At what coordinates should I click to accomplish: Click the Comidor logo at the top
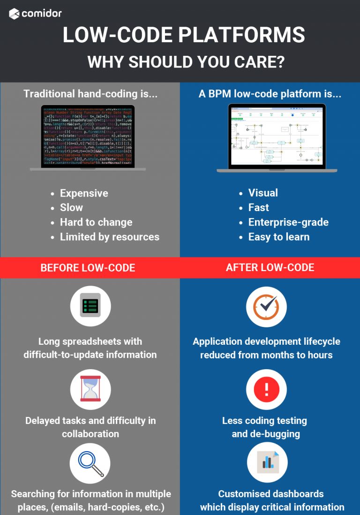coord(35,14)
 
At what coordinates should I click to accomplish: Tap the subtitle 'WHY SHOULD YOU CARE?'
coord(187,62)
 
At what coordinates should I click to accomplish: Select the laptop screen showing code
coord(88,136)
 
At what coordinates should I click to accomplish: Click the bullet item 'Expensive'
coord(84,193)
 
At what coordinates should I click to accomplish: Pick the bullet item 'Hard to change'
coord(96,222)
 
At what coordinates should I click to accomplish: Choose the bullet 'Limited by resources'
coord(109,237)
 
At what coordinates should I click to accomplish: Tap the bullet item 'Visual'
coord(263,193)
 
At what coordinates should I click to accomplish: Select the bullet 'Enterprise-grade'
coord(288,222)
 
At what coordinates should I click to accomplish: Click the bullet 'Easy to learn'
coord(279,237)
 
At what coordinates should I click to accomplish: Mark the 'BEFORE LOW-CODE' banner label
coord(88,268)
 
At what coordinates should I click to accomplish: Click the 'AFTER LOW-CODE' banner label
coord(270,267)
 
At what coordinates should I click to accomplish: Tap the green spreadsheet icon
coord(90,306)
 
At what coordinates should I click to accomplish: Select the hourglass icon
coord(90,388)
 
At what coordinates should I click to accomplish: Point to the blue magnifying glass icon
coord(90,462)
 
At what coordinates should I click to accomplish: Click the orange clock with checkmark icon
coord(266,306)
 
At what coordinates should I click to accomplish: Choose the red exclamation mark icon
coord(266,389)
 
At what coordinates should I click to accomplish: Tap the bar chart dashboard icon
coord(267,462)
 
